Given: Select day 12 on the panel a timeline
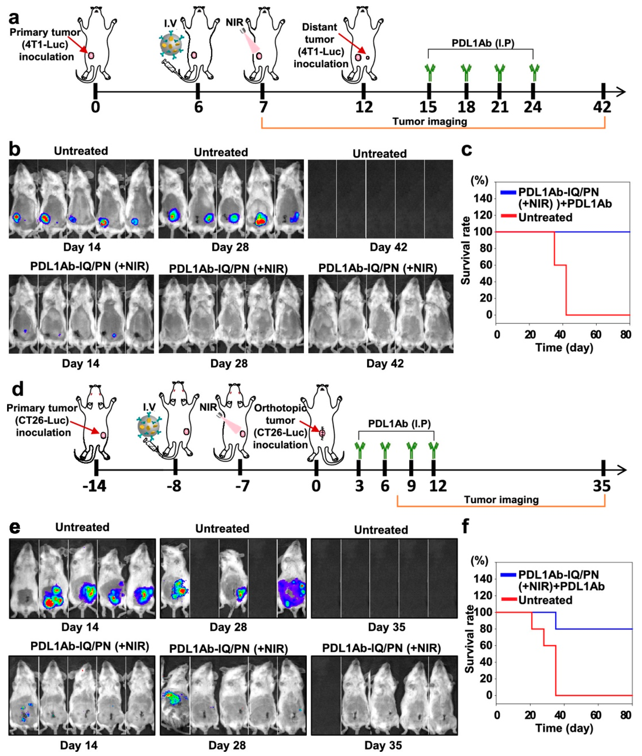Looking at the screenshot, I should (364, 107).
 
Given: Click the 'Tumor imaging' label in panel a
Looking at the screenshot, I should (429, 121).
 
